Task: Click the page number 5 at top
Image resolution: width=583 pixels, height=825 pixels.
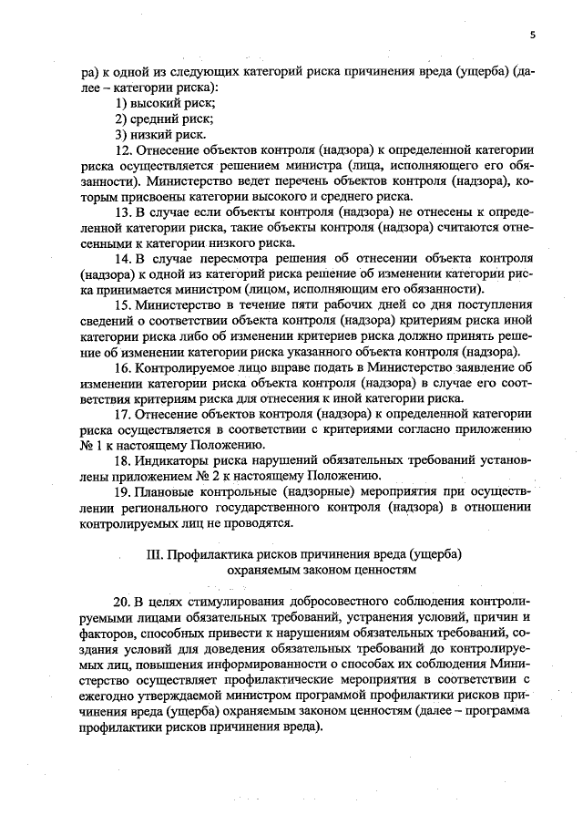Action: [x=532, y=36]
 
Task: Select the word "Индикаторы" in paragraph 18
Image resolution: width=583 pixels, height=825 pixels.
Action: [x=169, y=461]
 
